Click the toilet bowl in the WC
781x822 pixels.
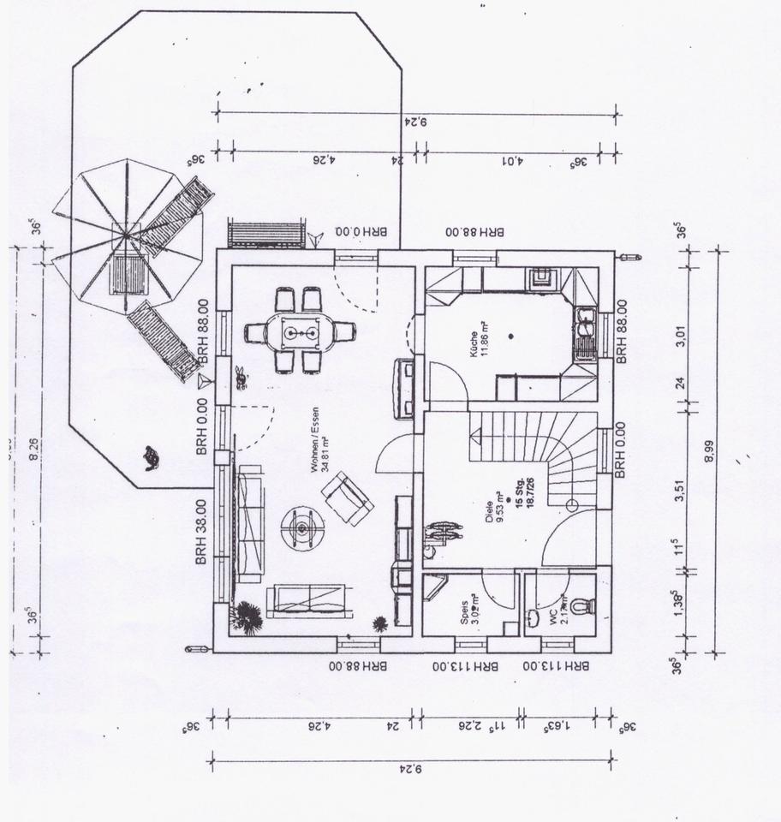coord(581,606)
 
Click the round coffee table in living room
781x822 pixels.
coord(303,525)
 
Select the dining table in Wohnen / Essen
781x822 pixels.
coord(298,331)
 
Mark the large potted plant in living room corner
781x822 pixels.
coord(247,616)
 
